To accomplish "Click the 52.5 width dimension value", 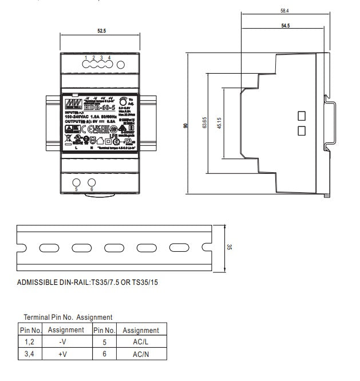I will point(101,30).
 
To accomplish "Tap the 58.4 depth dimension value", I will point(284,10).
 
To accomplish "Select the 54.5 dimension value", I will point(284,26).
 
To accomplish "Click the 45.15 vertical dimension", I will point(219,124).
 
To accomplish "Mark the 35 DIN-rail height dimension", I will point(229,247).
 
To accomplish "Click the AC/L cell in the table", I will point(140,343).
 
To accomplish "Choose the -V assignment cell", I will point(66,343).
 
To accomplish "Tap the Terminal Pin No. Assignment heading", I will point(68,317).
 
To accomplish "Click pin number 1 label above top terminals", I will point(85,58).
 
